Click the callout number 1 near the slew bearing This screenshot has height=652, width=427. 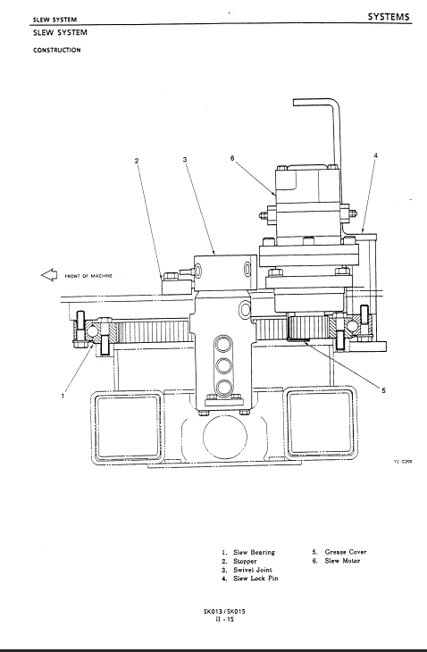(63, 396)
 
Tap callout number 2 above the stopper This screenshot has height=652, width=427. (137, 161)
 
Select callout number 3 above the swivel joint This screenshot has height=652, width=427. (185, 159)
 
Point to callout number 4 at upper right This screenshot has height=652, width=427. (375, 155)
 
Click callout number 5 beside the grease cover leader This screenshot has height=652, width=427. (383, 390)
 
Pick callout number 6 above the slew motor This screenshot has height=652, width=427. (232, 158)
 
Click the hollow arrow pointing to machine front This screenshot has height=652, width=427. (49, 275)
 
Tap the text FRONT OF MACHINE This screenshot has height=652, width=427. (88, 276)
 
